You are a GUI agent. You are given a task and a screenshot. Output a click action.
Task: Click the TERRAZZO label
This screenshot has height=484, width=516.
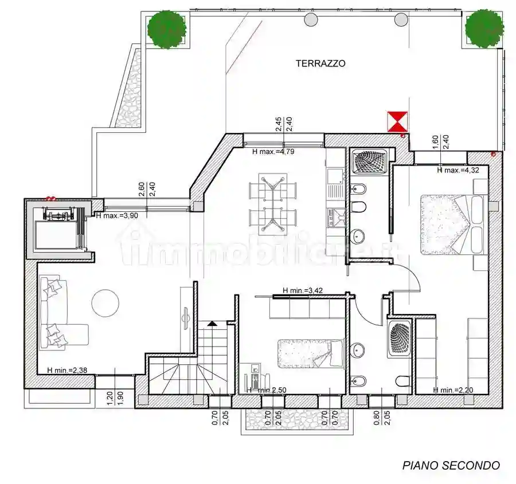320,64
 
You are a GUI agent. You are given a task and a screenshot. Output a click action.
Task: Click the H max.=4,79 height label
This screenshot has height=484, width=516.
277,152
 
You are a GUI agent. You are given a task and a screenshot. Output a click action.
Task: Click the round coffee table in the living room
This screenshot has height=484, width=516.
105,302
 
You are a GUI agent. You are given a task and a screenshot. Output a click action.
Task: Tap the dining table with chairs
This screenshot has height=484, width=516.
273,203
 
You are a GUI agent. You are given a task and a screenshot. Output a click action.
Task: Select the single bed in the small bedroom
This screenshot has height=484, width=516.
310,353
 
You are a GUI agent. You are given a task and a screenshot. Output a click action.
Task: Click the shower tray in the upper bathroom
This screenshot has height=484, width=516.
370,162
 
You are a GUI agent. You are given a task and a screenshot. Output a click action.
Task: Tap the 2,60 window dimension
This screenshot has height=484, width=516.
142,190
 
